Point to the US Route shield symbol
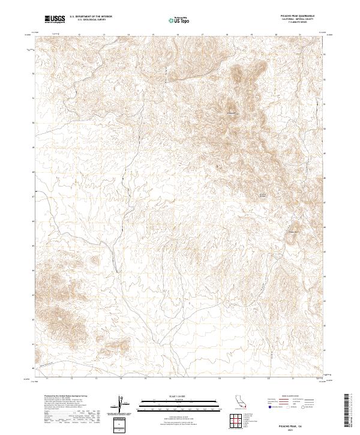coord(289,406)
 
